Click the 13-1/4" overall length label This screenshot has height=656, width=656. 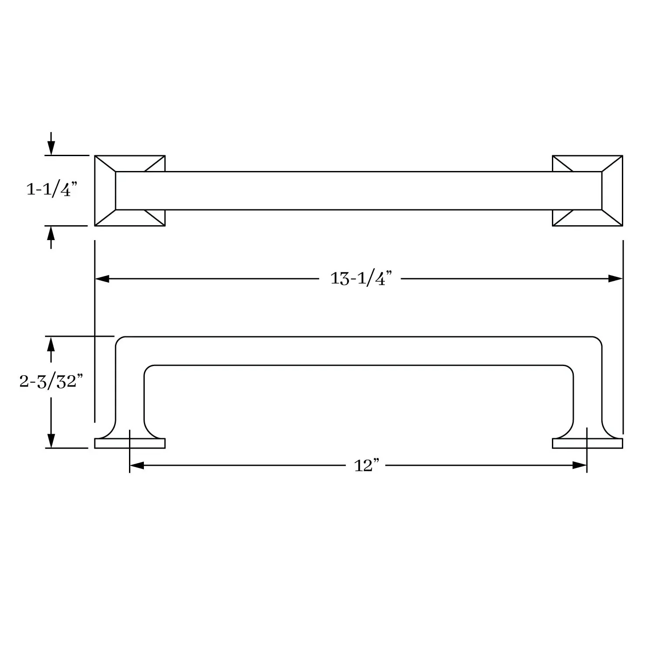(361, 278)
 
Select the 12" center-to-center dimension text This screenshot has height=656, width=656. (366, 466)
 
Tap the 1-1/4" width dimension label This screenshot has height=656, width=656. (52, 190)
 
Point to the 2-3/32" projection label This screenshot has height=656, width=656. (51, 381)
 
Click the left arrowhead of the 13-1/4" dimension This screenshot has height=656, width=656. (102, 279)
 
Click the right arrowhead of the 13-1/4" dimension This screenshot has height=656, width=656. (615, 279)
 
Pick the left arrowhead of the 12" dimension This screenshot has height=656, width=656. (137, 466)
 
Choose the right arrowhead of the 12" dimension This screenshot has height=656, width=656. (579, 466)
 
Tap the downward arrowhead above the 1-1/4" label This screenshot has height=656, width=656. (51, 148)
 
